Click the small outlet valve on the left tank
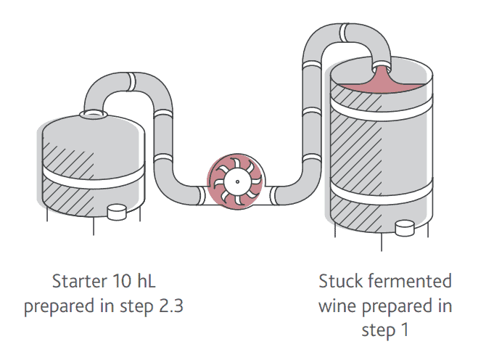pos(117,211)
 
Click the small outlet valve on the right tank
pos(405,229)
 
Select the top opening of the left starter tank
pos(93,114)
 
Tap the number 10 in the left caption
pos(120,281)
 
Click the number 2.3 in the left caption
pos(168,306)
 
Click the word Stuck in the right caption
pos(340,281)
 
